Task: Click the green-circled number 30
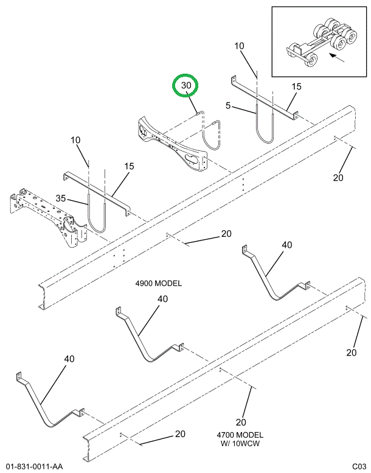186,86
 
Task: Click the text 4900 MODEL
159,284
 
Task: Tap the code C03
358,466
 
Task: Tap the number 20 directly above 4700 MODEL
241,422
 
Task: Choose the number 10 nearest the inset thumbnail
240,46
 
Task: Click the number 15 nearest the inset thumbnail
296,87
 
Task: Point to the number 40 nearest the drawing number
69,359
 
